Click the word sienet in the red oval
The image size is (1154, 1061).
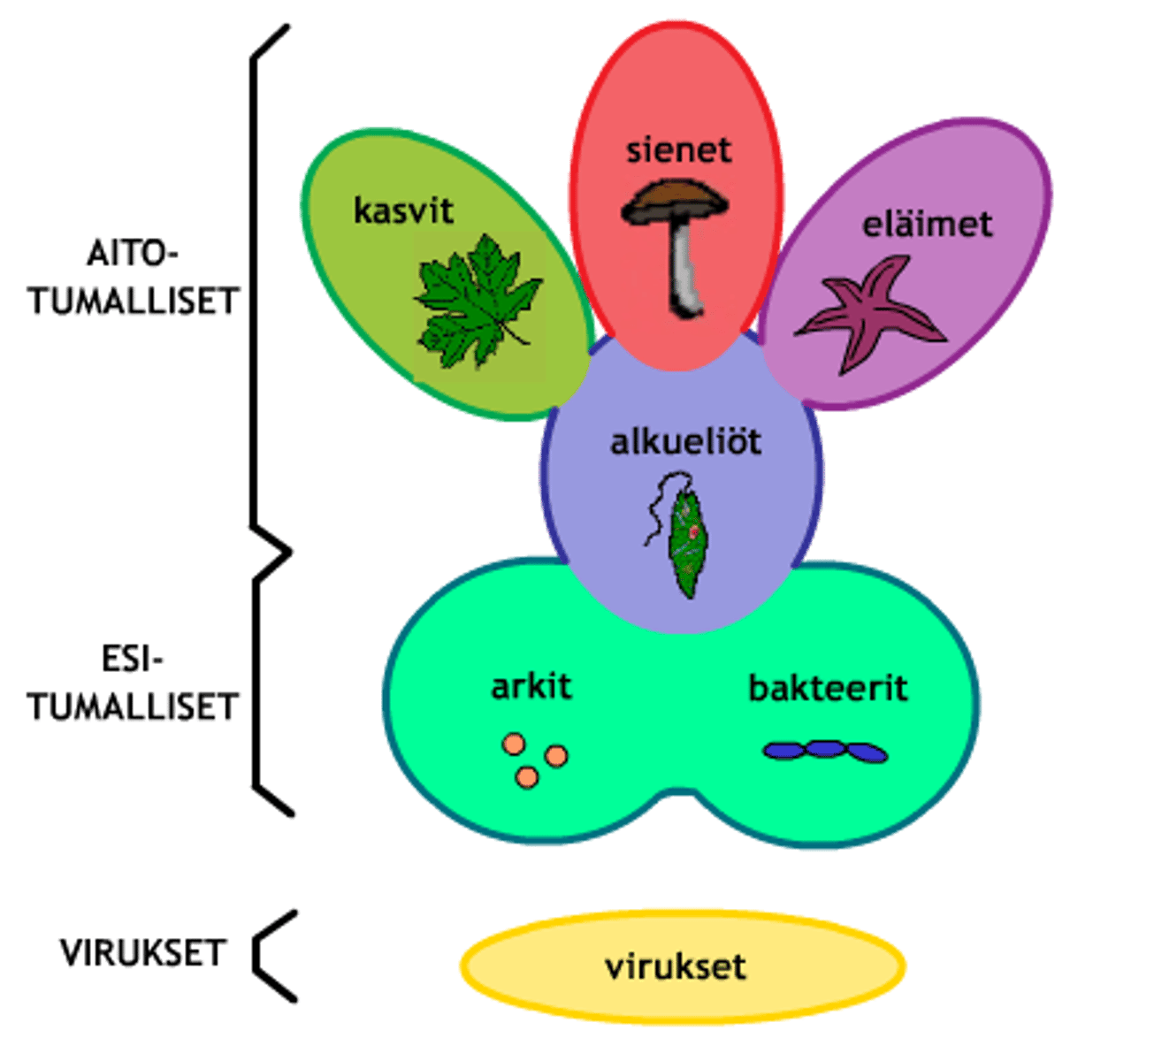[679, 149]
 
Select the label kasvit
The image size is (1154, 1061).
[403, 210]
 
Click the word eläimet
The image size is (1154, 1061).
[928, 224]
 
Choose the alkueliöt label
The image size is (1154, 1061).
[685, 441]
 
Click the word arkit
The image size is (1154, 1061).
[531, 686]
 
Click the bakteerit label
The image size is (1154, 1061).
[828, 688]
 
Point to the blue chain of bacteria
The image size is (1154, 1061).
[825, 751]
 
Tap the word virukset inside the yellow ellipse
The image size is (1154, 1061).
[676, 966]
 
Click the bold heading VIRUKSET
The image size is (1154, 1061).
[144, 953]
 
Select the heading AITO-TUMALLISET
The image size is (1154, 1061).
[134, 279]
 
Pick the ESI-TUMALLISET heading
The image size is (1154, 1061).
[134, 684]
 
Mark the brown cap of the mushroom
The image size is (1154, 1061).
[676, 200]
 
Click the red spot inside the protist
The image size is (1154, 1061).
[695, 530]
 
